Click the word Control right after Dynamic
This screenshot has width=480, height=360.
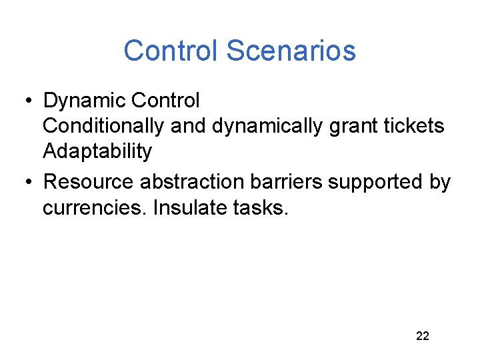[165, 101]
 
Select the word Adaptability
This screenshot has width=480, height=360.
[97, 151]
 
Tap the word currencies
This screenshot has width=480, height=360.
[95, 207]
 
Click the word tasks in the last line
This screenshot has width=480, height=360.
[262, 207]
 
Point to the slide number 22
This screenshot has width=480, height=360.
[423, 335]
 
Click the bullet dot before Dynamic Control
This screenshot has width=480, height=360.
[29, 101]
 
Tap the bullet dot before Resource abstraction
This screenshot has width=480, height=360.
[29, 183]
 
